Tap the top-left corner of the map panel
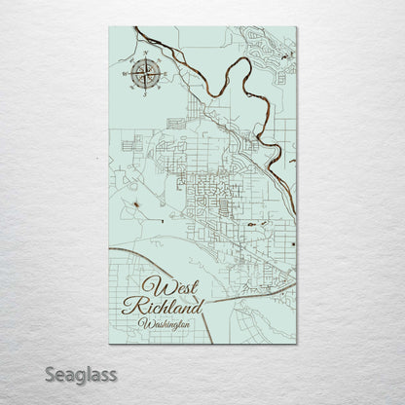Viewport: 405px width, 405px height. (x=110, y=27)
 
